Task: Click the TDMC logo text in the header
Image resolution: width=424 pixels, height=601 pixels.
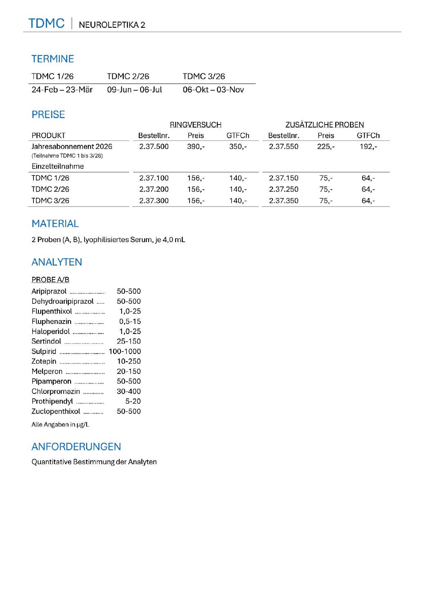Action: (46, 23)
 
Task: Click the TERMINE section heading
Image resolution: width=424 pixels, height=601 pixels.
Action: (53, 59)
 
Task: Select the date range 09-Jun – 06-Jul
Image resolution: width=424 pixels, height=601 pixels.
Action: (134, 89)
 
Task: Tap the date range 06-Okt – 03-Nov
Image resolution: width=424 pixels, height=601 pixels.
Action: (213, 89)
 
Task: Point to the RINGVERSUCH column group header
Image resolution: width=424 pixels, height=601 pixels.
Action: (195, 125)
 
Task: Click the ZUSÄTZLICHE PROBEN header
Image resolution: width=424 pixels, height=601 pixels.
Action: (324, 125)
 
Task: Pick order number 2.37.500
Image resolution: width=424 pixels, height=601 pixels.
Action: (154, 146)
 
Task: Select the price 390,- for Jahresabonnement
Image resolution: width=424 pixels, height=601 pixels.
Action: (196, 146)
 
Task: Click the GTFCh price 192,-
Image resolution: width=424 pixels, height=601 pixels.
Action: (368, 146)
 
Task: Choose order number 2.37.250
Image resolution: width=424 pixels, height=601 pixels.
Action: (283, 189)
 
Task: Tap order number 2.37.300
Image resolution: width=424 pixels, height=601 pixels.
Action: (154, 200)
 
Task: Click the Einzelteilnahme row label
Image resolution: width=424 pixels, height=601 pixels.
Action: (58, 166)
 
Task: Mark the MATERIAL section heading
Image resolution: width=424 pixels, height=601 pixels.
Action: (55, 224)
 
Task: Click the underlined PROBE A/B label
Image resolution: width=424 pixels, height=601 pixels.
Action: (50, 280)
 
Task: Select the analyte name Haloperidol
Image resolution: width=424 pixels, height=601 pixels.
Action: (51, 331)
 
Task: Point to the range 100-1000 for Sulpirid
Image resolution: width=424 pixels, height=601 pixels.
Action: (125, 351)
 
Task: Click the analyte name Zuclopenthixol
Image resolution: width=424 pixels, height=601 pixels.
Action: (56, 411)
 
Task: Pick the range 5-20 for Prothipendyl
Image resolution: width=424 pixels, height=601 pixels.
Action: (133, 401)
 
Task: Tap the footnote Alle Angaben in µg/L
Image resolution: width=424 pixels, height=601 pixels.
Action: (60, 424)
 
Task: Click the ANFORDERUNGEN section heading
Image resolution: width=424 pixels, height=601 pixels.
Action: (76, 447)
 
